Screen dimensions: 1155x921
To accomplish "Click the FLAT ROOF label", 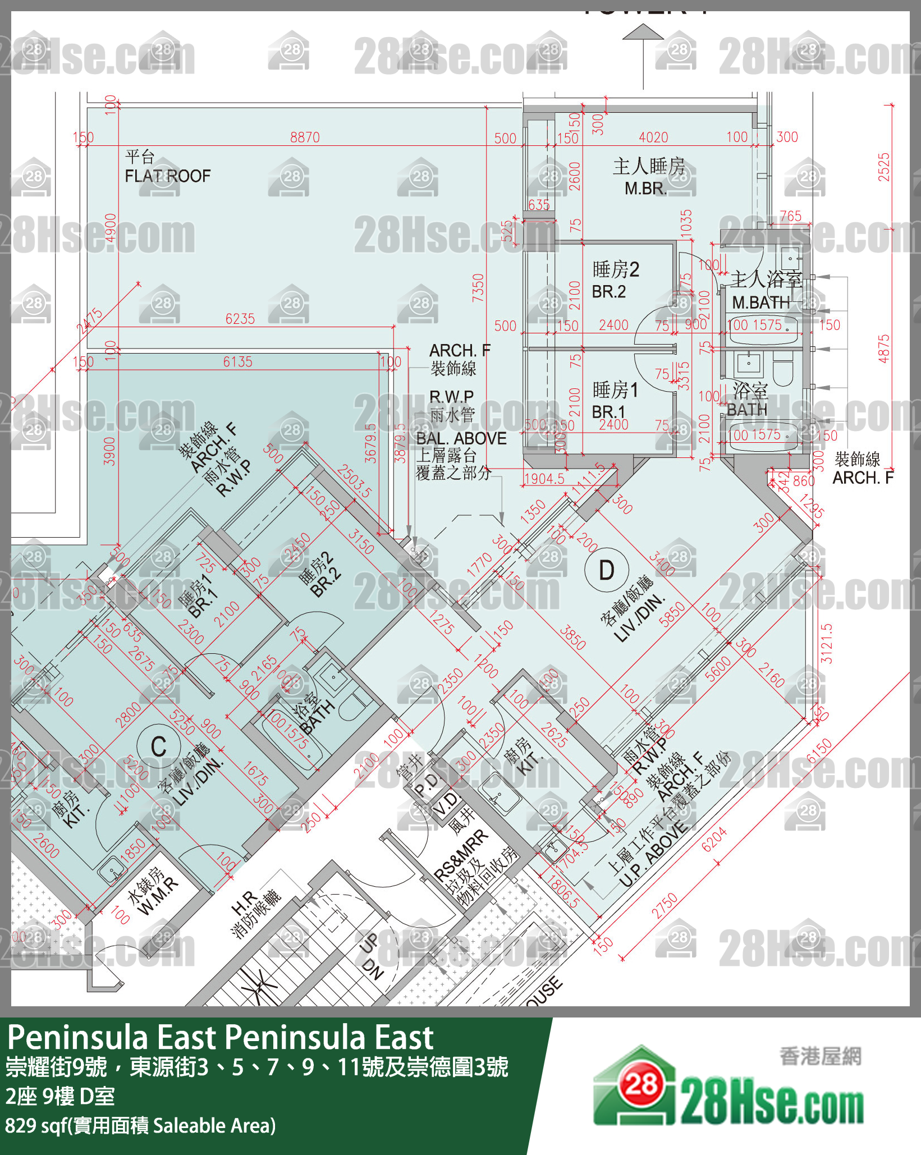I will (x=167, y=176).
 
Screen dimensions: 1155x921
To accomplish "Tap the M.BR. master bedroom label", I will (x=646, y=189).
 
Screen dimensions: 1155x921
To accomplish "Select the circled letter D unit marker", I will (x=606, y=570).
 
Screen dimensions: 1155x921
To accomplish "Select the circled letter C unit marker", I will (x=159, y=746).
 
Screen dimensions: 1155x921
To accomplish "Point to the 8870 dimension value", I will (x=305, y=137).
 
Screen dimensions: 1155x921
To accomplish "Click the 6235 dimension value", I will (x=240, y=319).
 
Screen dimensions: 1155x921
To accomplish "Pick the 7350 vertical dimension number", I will (x=478, y=288).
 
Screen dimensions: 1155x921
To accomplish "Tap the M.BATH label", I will (x=760, y=303).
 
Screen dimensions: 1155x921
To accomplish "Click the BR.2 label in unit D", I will (x=608, y=292).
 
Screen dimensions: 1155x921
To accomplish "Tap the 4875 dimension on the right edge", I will (x=883, y=349).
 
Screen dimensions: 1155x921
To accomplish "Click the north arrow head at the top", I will (x=643, y=32).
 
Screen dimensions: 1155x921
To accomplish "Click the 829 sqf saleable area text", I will (x=140, y=1125).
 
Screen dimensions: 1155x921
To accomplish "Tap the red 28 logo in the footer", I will (x=641, y=1085).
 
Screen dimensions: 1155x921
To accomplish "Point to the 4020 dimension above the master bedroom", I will (x=653, y=137).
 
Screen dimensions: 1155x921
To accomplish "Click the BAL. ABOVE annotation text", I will (x=461, y=438).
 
